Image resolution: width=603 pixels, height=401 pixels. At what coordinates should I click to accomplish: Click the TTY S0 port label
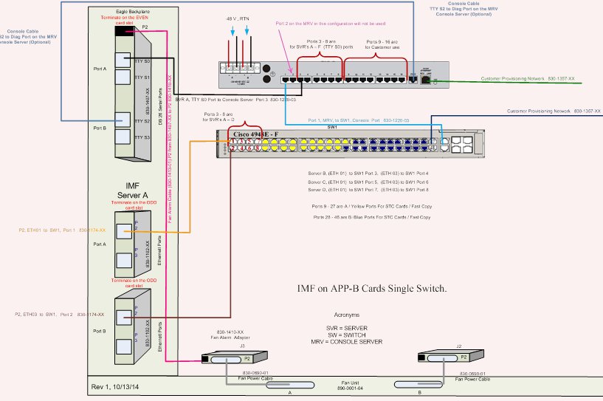point(143,62)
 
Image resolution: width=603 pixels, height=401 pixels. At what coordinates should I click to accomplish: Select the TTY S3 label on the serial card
point(143,137)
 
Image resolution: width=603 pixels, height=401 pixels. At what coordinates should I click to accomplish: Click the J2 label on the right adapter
point(458,346)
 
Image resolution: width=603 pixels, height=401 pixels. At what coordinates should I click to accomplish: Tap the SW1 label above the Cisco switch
point(331,126)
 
